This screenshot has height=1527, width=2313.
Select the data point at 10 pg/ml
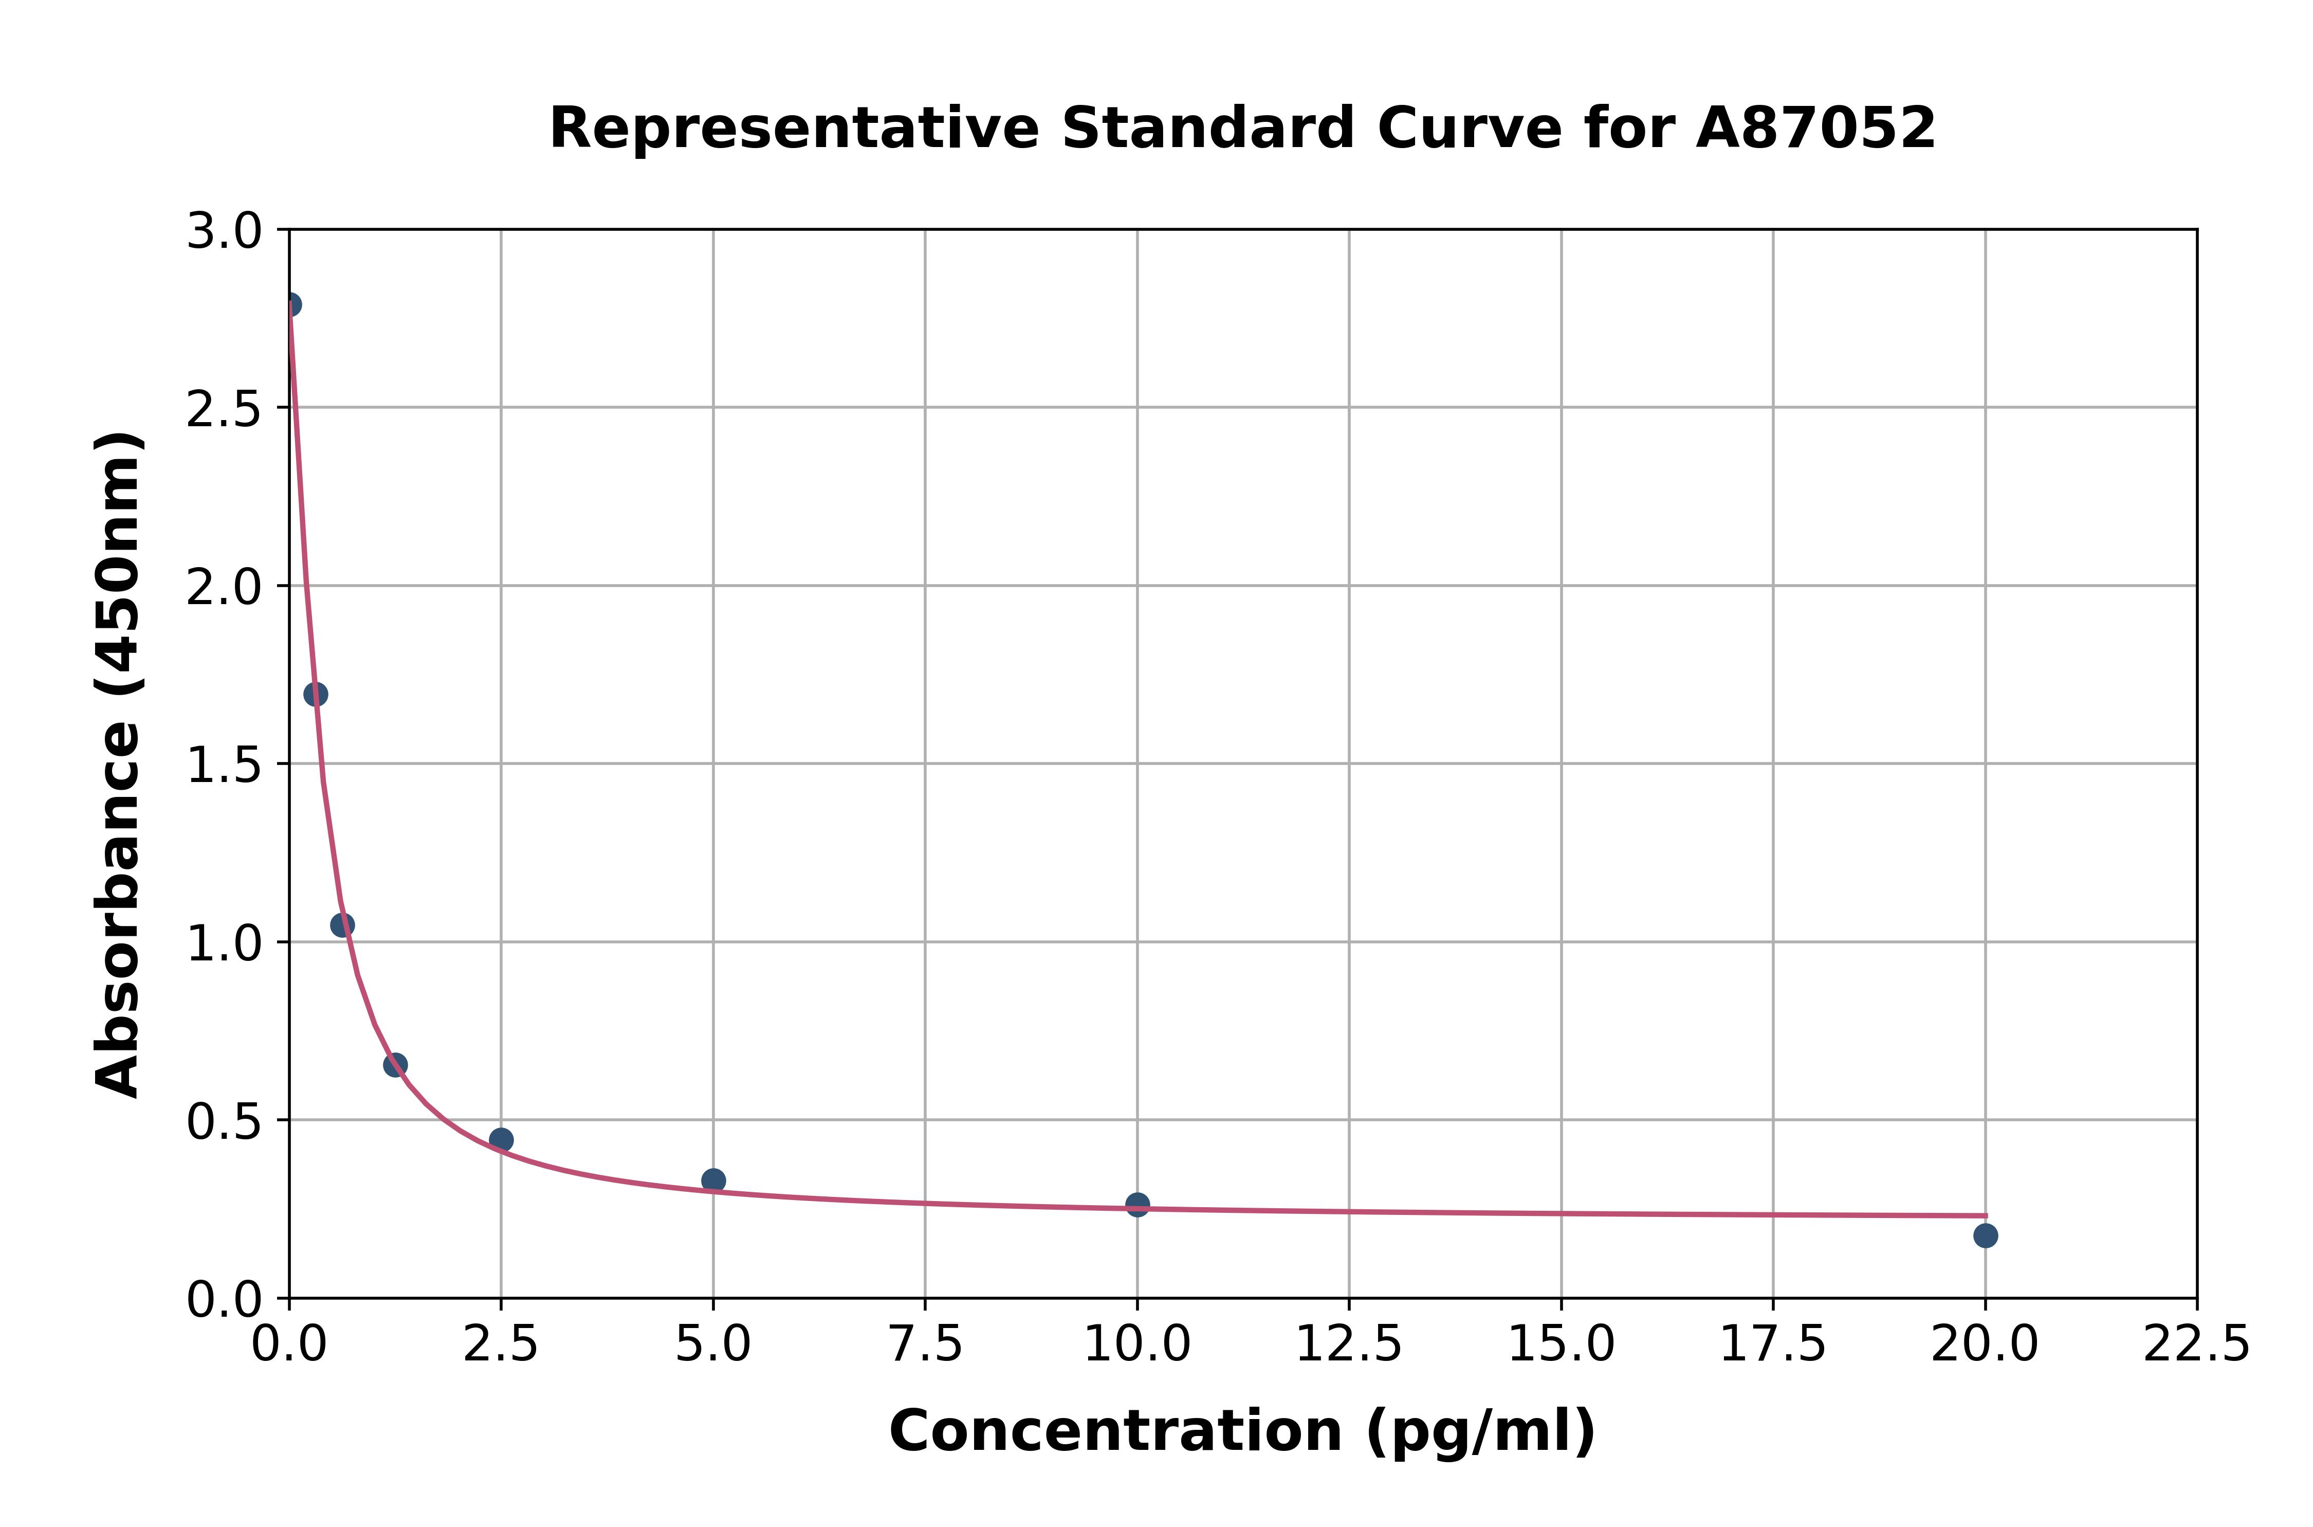pos(1137,1205)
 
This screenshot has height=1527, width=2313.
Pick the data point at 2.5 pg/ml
pos(501,1139)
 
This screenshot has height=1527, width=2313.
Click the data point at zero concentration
pos(290,305)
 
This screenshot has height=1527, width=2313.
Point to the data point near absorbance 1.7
pos(316,695)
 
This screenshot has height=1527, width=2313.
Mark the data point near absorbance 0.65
pos(395,1064)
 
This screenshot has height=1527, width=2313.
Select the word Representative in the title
pos(794,129)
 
